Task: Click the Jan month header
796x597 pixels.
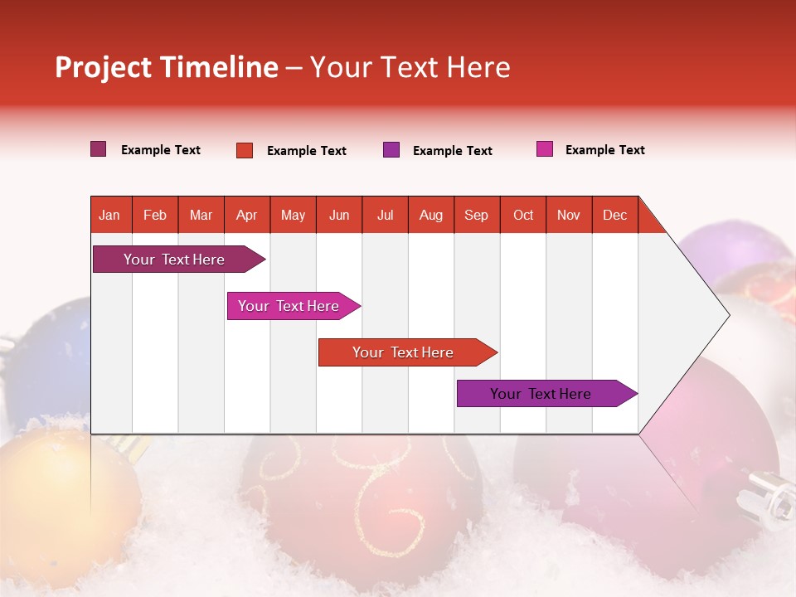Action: pos(109,215)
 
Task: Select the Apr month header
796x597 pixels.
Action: pos(246,215)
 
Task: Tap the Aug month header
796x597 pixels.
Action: pos(430,215)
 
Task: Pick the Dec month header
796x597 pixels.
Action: pos(614,215)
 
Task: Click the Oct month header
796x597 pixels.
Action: pos(522,215)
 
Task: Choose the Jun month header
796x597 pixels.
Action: pos(338,215)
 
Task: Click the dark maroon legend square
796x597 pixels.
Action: pos(98,149)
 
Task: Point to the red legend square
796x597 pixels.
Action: pos(244,150)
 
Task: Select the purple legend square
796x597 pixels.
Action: pos(391,149)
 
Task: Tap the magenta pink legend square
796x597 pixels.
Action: pos(544,149)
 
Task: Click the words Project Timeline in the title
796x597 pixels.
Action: pos(166,67)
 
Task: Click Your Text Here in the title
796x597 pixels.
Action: pos(410,67)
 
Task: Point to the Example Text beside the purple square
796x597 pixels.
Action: pos(452,151)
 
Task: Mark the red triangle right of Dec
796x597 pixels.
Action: pos(649,221)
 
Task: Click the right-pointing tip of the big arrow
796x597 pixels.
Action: pos(726,315)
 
